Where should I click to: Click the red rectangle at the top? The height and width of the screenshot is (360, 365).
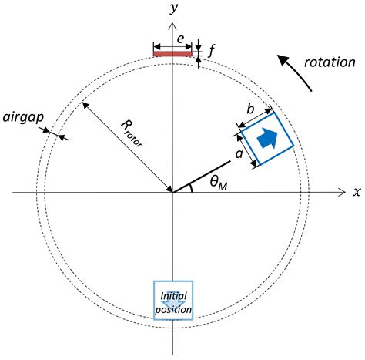click(172, 54)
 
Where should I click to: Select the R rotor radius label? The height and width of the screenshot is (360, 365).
click(131, 132)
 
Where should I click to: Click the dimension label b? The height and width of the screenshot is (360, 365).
click(251, 109)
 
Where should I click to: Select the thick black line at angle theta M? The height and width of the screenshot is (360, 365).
click(202, 175)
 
